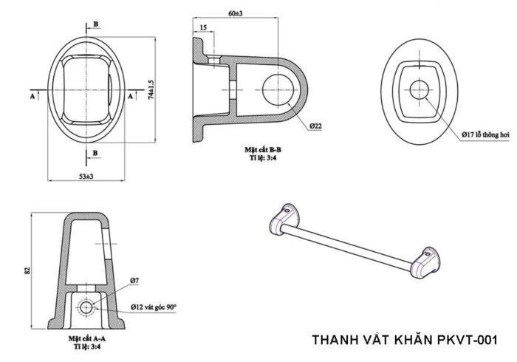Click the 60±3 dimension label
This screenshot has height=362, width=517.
[x=236, y=13]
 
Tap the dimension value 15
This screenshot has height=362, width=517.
[x=202, y=28]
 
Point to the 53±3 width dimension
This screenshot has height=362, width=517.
[x=86, y=177]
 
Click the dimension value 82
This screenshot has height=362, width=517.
[x=27, y=271]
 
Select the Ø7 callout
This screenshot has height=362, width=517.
[x=134, y=281]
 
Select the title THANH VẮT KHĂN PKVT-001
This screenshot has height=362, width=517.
[x=405, y=341]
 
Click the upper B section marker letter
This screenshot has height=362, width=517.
[x=95, y=24]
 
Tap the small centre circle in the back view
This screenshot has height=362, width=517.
[x=420, y=89]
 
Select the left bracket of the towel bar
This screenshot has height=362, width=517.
[x=282, y=219]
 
